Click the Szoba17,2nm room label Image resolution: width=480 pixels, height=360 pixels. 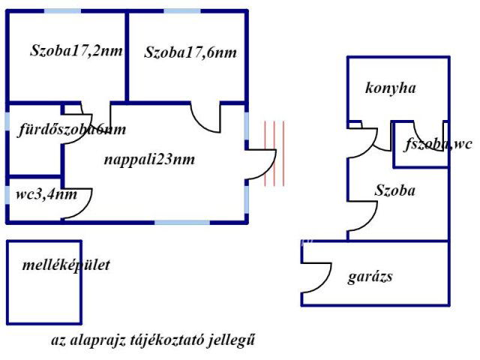76,52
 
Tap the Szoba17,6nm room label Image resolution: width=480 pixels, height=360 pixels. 190,52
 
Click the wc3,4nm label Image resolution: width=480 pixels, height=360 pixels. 46,195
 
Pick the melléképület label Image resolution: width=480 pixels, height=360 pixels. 66,265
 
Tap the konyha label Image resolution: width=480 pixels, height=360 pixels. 391,88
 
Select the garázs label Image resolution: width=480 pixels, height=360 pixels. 370,276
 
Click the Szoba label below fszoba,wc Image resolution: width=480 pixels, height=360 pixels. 394,191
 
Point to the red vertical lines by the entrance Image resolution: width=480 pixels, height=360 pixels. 274,152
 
